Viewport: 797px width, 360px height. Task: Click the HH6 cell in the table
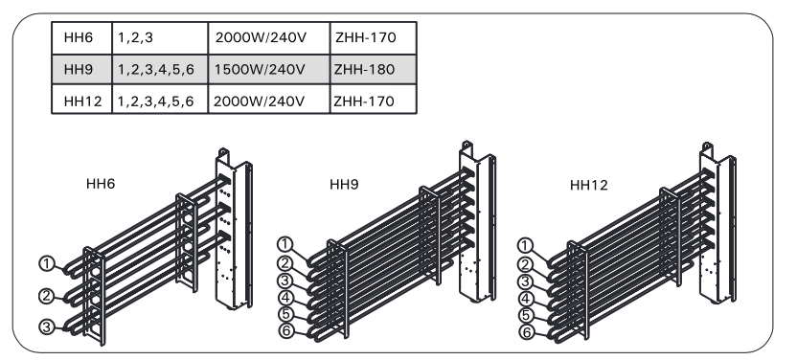(x=81, y=37)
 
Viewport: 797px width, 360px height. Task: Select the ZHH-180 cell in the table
(x=373, y=70)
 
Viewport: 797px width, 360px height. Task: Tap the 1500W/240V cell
(x=269, y=70)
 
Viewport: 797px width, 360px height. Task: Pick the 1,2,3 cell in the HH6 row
(x=160, y=37)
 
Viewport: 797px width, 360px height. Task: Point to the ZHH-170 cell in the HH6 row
(x=373, y=37)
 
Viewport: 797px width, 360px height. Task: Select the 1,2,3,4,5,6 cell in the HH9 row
(x=160, y=70)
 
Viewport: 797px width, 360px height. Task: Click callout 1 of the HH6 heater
(x=47, y=263)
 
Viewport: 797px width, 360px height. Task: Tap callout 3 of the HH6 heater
(x=47, y=327)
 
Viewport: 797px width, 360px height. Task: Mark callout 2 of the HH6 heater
(x=47, y=296)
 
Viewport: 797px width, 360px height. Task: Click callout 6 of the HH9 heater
(x=286, y=331)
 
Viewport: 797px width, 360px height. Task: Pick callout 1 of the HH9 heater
(x=285, y=244)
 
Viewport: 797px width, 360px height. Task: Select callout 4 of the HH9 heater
(x=286, y=297)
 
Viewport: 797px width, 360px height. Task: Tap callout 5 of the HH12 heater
(x=527, y=315)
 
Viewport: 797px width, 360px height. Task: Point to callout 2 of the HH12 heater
(x=526, y=264)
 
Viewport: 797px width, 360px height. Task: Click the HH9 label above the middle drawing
(x=344, y=184)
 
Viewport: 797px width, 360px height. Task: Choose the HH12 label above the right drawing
(x=588, y=185)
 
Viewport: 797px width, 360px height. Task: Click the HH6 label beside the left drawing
(x=101, y=183)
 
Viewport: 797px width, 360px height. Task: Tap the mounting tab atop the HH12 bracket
(x=707, y=148)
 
